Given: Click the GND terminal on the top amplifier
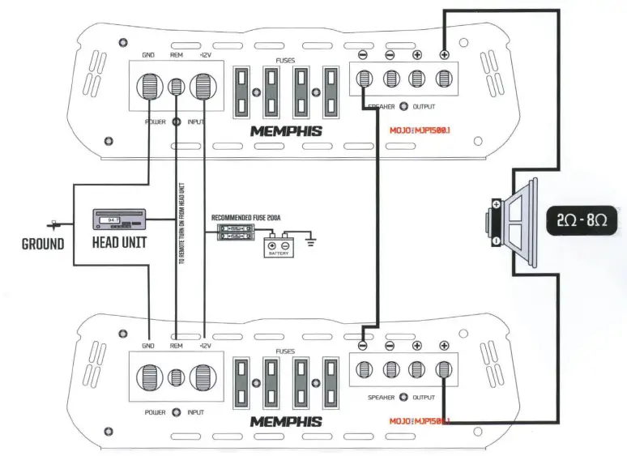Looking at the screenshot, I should (x=150, y=86).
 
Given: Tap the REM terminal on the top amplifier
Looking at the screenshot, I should (x=177, y=86).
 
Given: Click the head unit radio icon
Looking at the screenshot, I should (x=118, y=219).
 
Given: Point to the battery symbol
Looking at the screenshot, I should (x=279, y=248).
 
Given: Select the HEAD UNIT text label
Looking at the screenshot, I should (x=119, y=242).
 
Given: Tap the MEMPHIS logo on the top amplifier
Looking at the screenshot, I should (x=285, y=131).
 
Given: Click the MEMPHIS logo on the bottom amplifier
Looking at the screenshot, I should (x=285, y=422).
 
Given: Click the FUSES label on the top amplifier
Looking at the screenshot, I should (x=285, y=59).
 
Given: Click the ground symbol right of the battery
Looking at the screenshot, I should (x=312, y=241).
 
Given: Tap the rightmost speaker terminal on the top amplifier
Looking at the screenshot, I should (x=444, y=79).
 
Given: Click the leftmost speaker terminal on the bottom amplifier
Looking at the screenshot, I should (x=364, y=369).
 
